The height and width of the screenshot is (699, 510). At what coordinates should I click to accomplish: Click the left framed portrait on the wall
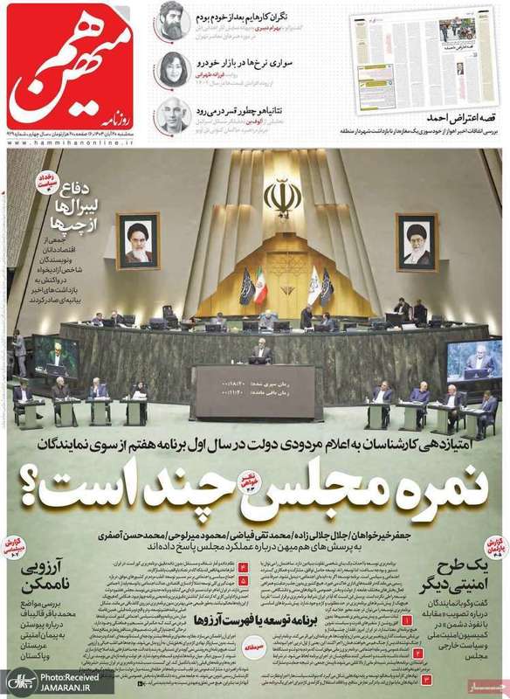click(137, 239)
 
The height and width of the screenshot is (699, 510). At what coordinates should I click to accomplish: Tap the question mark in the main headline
click(67, 489)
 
